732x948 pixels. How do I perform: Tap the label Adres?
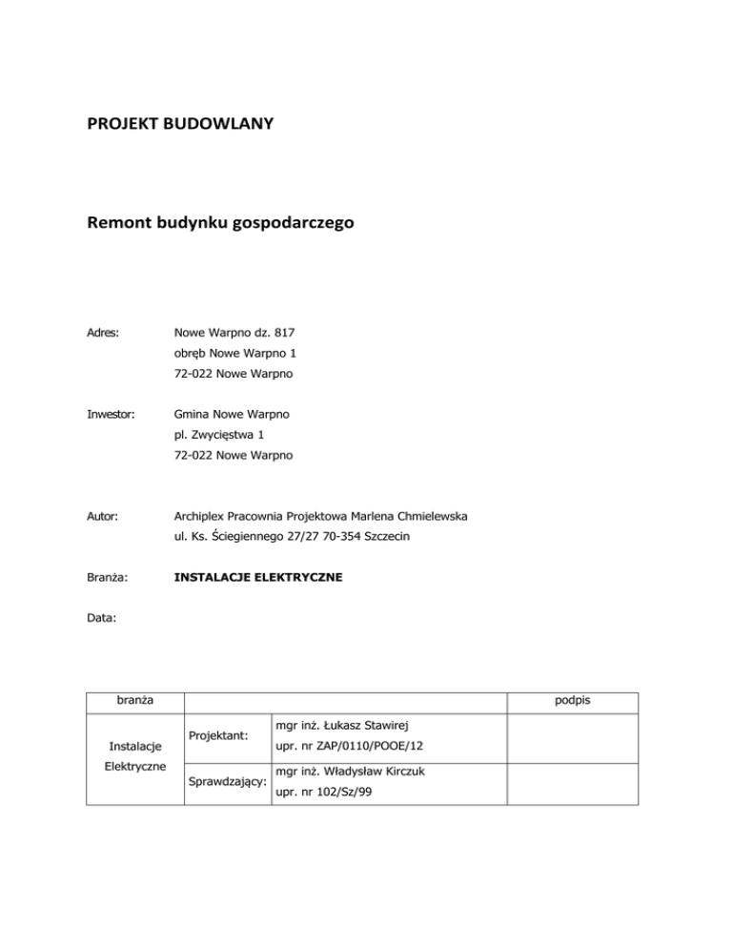coord(104,334)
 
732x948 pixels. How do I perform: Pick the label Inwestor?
coord(111,415)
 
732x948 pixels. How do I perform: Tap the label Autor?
coord(103,516)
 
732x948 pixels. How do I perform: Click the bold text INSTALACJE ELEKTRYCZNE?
coord(259,577)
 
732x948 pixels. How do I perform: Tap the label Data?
coord(102,618)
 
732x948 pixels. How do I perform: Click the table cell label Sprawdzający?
coord(227,788)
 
